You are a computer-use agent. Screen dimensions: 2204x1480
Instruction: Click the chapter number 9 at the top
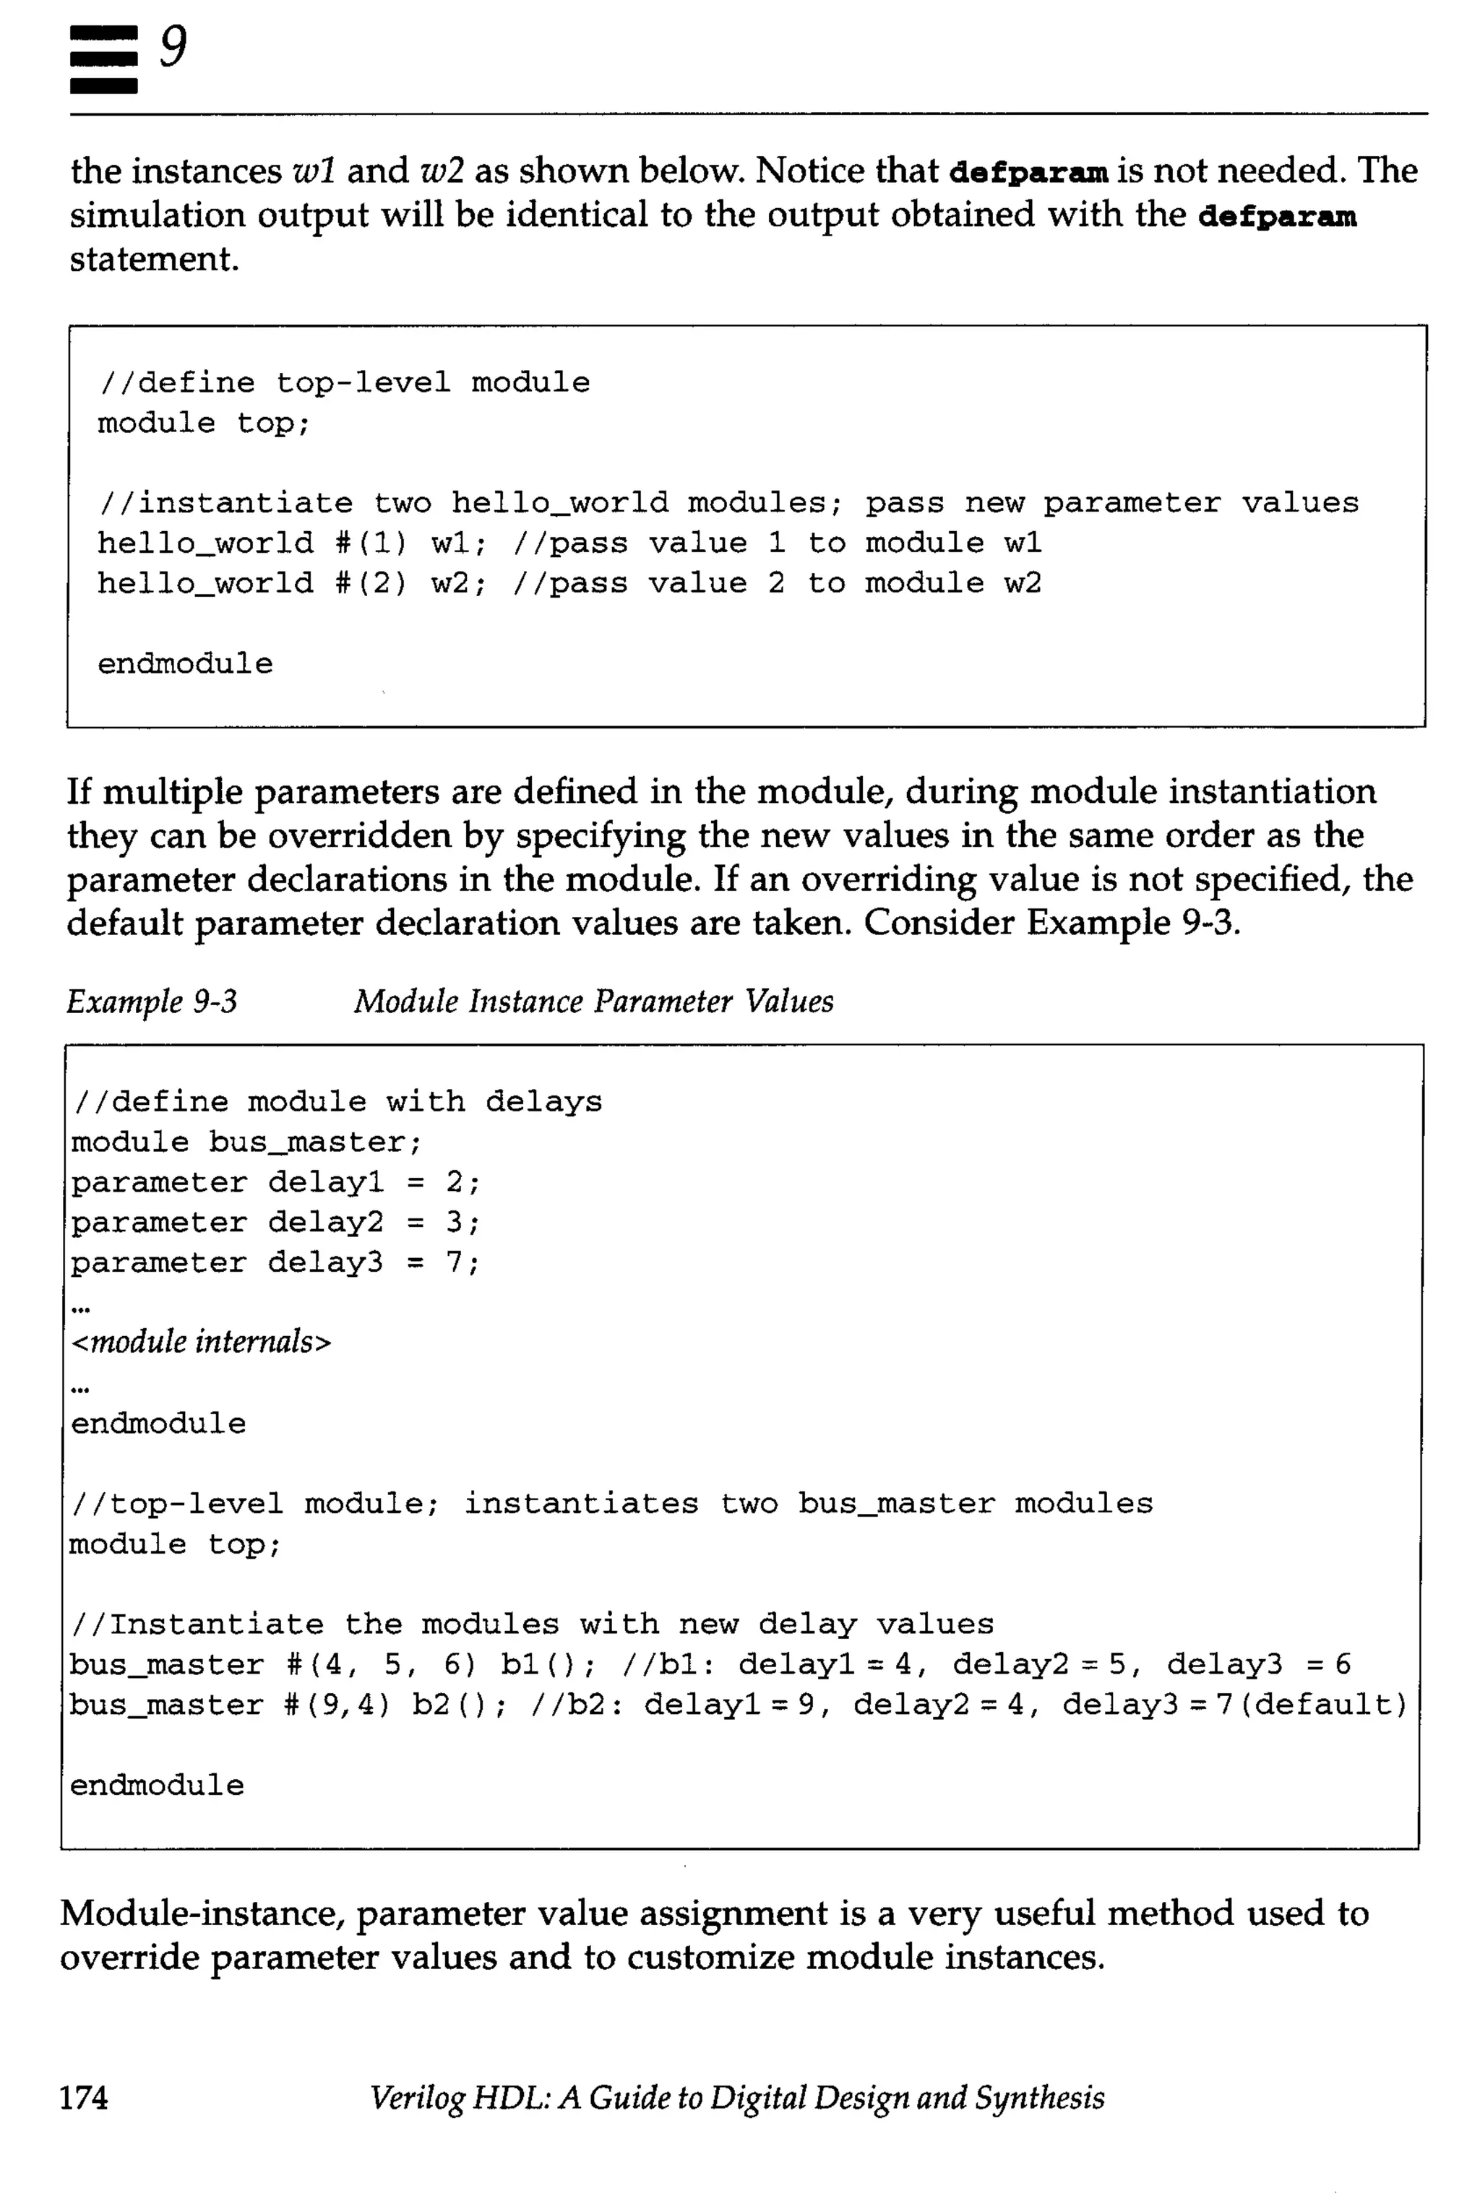coord(173,47)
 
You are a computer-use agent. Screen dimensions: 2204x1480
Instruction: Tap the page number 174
coord(84,2097)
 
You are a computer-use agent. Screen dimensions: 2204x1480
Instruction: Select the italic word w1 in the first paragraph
coord(315,172)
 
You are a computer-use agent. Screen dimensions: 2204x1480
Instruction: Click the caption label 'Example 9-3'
coord(152,1002)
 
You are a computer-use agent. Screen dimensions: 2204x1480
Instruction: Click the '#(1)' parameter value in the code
coord(371,543)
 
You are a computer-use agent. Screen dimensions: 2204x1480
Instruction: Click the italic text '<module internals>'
coord(201,1341)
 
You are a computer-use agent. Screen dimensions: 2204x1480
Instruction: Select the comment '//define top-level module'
coord(343,383)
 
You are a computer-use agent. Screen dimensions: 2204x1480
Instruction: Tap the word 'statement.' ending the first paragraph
coord(154,259)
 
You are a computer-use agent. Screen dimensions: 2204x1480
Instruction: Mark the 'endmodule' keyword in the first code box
coord(185,665)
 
